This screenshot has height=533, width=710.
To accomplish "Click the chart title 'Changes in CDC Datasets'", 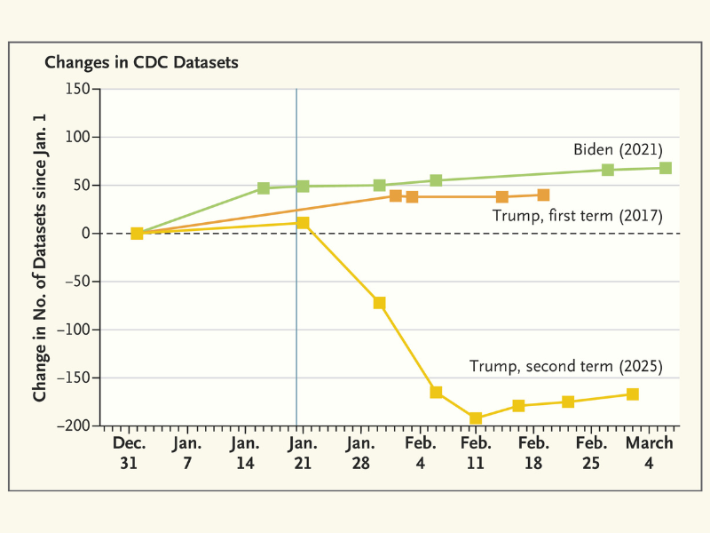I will (x=141, y=63).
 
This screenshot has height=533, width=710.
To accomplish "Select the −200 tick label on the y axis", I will (x=75, y=426).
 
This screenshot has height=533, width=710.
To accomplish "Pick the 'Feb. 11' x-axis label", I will (x=476, y=452).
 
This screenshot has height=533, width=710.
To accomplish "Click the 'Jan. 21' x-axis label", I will (x=302, y=452).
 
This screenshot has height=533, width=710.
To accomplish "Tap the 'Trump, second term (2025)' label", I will (x=565, y=366).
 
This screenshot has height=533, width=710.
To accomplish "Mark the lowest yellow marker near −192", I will (x=476, y=418).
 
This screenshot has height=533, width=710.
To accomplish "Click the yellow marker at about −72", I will (x=380, y=303).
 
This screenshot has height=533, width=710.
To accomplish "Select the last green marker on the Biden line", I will (x=666, y=168).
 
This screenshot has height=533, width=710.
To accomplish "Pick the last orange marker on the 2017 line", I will (x=543, y=195).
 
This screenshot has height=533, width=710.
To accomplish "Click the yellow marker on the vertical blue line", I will (x=303, y=222).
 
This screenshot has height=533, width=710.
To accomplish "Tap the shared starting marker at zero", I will (x=137, y=233).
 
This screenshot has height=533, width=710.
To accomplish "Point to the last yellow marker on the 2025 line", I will (x=633, y=394).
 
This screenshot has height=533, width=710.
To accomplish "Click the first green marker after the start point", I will (x=264, y=188).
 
